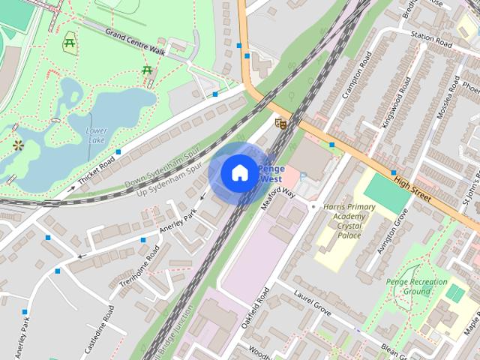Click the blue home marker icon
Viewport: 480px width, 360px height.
point(238,172)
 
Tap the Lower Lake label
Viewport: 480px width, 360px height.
point(96,135)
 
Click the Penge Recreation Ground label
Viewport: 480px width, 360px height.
point(425,286)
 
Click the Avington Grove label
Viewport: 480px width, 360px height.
point(392,231)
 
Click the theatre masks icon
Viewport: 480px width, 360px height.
point(281,122)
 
